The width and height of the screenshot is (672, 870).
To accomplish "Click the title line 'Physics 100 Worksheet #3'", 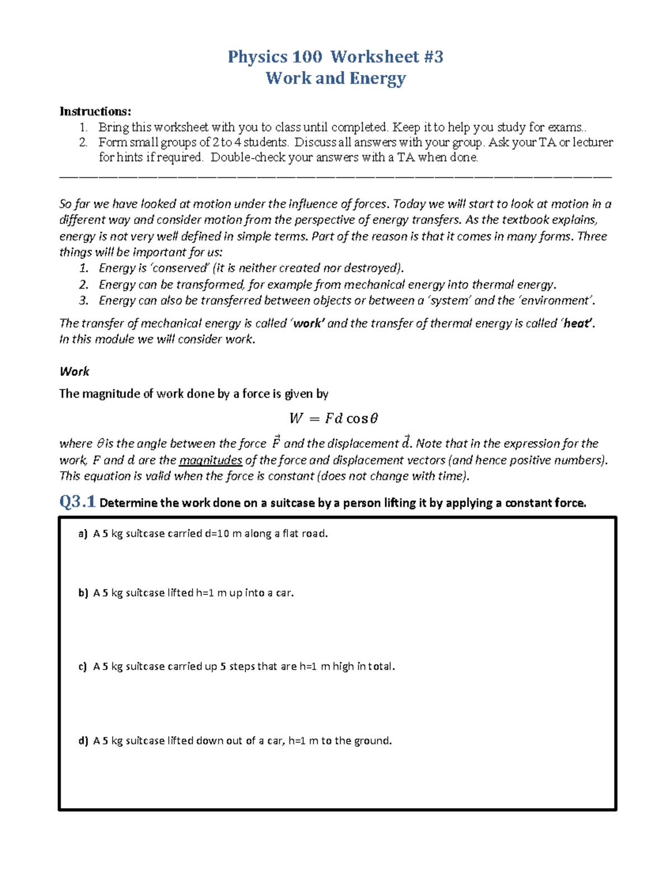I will click(335, 57).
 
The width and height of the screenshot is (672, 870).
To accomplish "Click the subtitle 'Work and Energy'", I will click(335, 78).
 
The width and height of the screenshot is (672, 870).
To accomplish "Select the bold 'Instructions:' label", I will click(95, 111).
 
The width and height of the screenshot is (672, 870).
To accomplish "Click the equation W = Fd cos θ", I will click(334, 418).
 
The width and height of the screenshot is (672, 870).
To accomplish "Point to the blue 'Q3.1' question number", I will click(77, 502).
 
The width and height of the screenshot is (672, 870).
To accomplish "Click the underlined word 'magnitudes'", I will click(211, 460).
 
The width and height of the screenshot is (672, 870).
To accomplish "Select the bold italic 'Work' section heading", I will click(74, 371).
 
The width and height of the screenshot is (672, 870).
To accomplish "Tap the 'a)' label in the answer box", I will click(83, 534).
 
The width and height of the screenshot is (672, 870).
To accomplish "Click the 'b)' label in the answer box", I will click(83, 593).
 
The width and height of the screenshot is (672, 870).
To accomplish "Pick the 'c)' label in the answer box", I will click(83, 667).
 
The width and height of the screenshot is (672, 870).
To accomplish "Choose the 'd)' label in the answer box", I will click(83, 741).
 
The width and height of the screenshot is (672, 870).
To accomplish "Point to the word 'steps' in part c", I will click(242, 667).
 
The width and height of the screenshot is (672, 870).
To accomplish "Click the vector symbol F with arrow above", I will click(276, 443).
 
